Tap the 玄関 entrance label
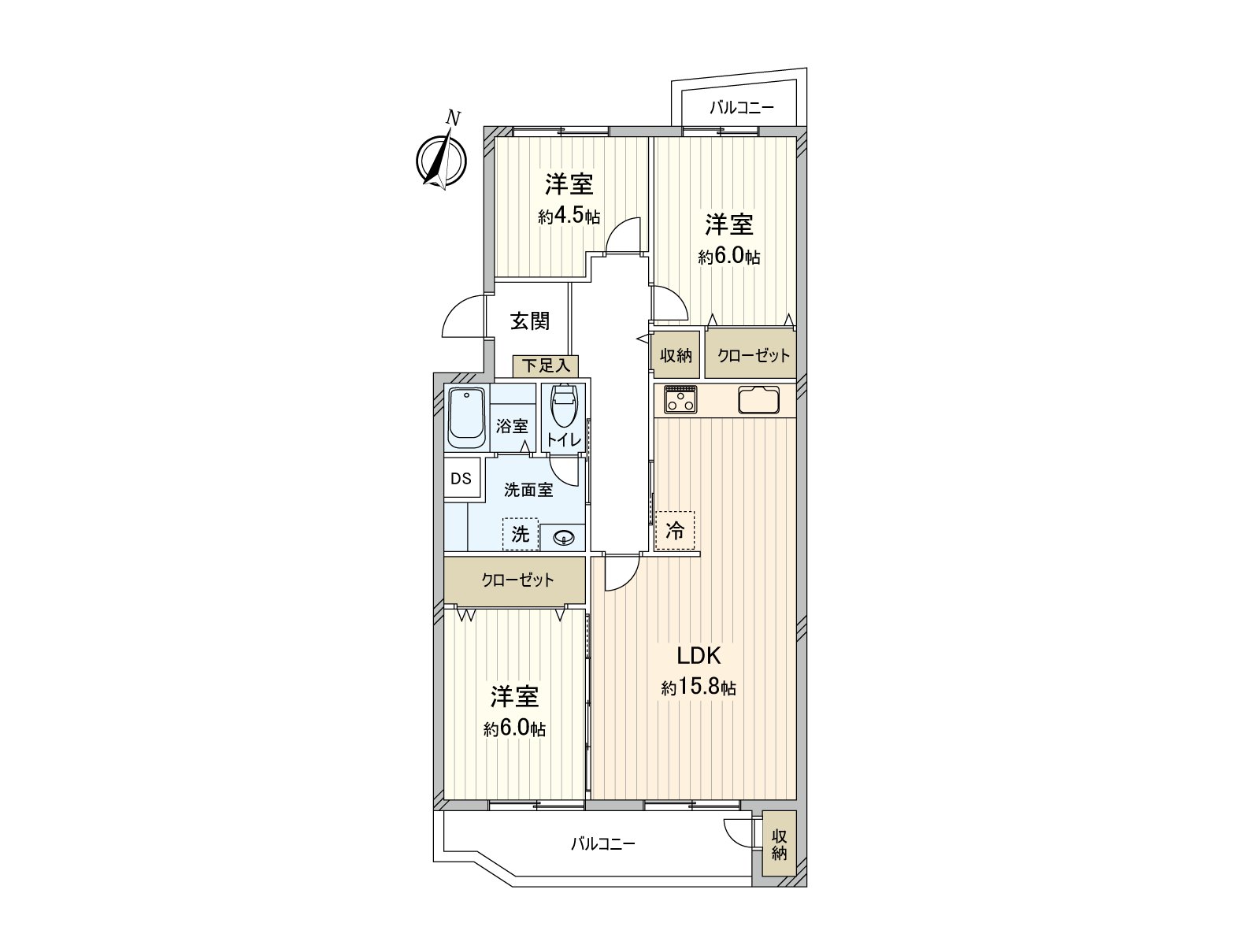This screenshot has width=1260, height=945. [529, 321]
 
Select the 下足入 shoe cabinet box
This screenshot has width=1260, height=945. [546, 366]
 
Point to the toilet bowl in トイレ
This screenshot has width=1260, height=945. [564, 406]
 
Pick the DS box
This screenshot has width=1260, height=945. [461, 479]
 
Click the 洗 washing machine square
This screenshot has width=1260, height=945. [521, 534]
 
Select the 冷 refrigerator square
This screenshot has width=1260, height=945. [675, 531]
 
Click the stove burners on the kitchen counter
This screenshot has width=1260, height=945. [680, 399]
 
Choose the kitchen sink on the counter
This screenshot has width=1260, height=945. [758, 400]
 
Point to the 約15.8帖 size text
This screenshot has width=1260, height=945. [699, 687]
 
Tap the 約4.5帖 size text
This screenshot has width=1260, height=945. [569, 217]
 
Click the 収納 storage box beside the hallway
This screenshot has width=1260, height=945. [676, 355]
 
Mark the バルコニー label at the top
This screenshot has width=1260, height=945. [742, 108]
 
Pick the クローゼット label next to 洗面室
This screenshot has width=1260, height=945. [517, 581]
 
